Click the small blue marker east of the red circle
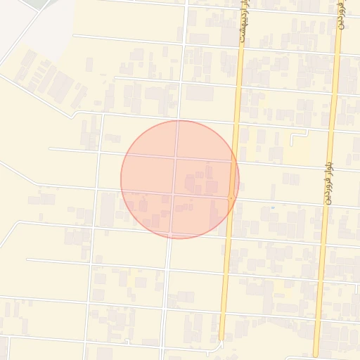(272, 208)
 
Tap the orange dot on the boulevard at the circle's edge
(231, 198)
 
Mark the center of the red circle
(180, 179)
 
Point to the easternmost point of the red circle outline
(239, 179)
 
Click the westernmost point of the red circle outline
(121, 179)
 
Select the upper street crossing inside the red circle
(175, 157)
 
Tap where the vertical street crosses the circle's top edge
(177, 120)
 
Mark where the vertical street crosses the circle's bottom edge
(169, 238)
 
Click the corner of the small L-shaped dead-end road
(292, 133)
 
